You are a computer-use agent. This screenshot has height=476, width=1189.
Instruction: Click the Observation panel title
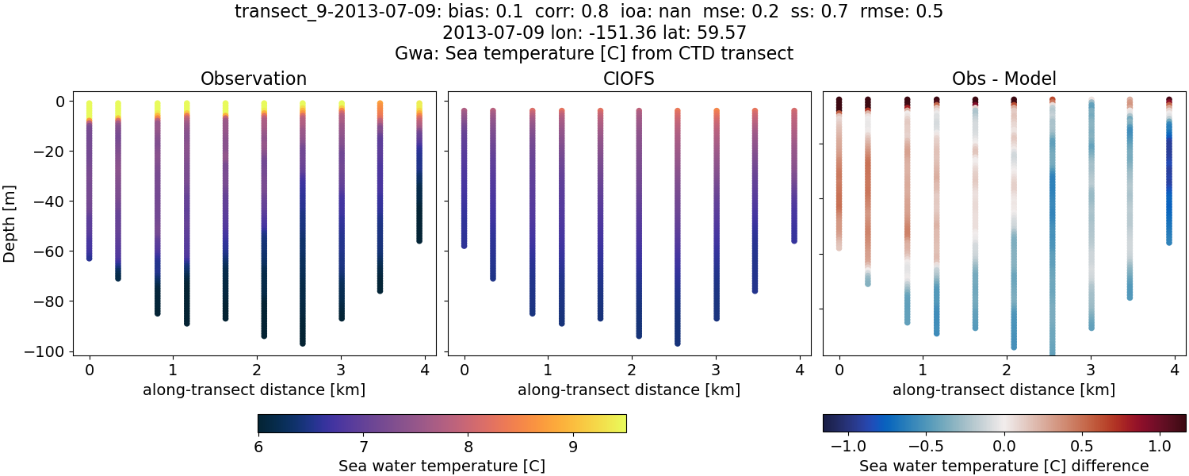pyautogui.click(x=254, y=79)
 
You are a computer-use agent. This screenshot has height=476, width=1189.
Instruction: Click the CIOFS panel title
pyautogui.click(x=629, y=79)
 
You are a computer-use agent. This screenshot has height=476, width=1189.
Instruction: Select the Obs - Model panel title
pyautogui.click(x=1004, y=79)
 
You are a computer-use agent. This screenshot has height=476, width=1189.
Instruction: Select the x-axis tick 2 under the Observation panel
pyautogui.click(x=257, y=369)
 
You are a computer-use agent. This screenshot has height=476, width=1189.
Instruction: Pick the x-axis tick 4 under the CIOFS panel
pyautogui.click(x=799, y=369)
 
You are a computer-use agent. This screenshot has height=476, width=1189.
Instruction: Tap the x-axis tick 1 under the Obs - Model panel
pyautogui.click(x=923, y=369)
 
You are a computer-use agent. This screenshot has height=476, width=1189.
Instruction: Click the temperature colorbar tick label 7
pyautogui.click(x=362, y=446)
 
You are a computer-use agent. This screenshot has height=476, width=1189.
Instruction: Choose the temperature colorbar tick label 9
pyautogui.click(x=573, y=446)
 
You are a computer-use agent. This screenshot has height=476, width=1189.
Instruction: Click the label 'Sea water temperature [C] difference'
pyautogui.click(x=1004, y=466)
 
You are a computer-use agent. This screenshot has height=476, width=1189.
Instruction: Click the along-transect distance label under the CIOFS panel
pyautogui.click(x=629, y=390)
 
